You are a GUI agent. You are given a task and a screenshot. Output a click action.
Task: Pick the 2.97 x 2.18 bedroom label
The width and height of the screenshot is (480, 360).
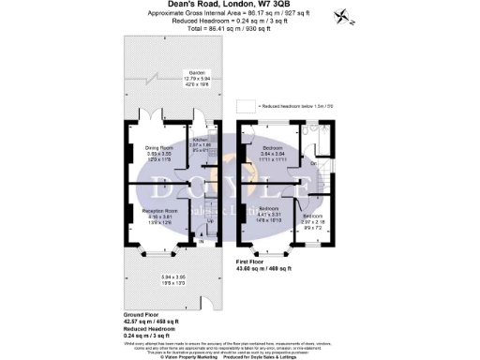tap(312, 220)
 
